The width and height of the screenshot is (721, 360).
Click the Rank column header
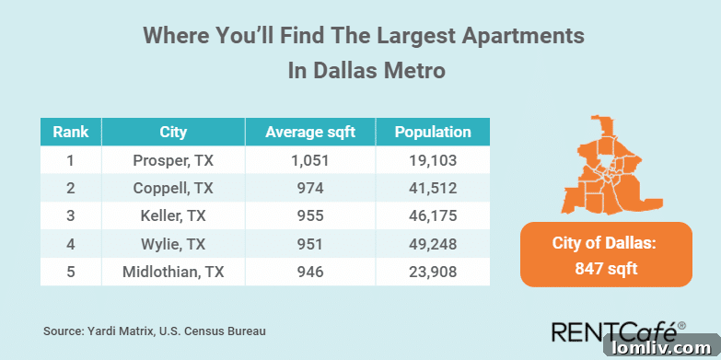[x=70, y=132]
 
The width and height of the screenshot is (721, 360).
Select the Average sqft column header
[x=309, y=132]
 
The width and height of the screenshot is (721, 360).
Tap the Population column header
[x=433, y=132]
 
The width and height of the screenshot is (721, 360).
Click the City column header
[x=173, y=132]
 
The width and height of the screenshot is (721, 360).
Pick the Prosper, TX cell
[x=173, y=159]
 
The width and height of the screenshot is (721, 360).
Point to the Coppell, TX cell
[x=173, y=188]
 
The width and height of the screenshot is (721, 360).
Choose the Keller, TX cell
[x=173, y=216]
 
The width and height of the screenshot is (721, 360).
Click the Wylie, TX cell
[x=173, y=244]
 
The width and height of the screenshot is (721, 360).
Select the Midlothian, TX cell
[x=173, y=273]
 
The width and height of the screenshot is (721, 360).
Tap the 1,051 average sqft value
[x=309, y=159]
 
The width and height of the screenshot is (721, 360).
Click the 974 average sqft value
[x=309, y=188]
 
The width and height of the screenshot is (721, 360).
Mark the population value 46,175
[x=433, y=216]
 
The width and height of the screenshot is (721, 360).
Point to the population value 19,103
[x=433, y=159]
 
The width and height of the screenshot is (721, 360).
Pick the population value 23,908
[x=433, y=273]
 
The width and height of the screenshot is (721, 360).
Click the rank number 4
[x=70, y=244]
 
